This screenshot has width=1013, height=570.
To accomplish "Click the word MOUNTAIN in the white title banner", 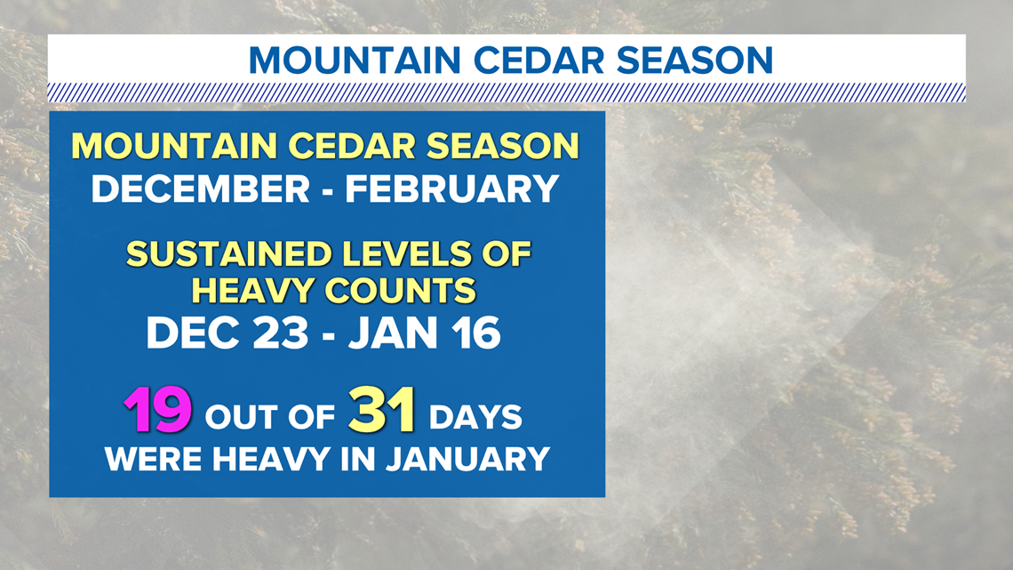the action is click(354, 60).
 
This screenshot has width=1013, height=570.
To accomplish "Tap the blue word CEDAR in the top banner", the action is click(538, 60).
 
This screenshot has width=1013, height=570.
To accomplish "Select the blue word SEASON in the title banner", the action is click(695, 60).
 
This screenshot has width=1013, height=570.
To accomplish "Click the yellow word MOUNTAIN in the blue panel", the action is click(174, 146).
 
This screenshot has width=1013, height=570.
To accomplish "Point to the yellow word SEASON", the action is click(503, 146).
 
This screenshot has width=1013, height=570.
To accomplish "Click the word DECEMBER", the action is click(201, 189).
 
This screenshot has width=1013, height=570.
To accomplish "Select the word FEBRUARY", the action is click(451, 189).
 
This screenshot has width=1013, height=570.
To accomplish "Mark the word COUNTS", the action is click(400, 291).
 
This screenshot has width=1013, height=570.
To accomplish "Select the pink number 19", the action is click(158, 410).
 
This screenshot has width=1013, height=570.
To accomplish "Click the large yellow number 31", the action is click(382, 410).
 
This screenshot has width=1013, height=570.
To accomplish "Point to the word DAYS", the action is click(475, 417).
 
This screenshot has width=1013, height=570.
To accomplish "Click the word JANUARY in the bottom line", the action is click(467, 460).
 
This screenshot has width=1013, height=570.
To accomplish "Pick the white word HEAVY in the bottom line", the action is click(271, 460).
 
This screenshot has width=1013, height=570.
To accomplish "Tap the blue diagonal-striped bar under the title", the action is click(506, 93).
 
